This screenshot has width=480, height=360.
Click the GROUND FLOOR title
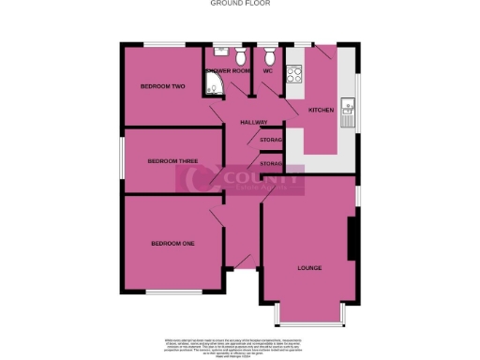click(239, 4)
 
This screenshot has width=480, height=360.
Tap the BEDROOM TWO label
click(162, 86)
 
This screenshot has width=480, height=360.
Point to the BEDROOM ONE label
click(172, 244)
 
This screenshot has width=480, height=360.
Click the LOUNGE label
click(309, 268)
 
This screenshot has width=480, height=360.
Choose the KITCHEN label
click(322, 111)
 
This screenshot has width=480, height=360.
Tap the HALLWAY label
click(254, 123)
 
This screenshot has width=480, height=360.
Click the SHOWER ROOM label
click(228, 71)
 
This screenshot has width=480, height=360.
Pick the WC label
click(267, 71)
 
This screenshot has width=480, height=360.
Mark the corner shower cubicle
click(213, 89)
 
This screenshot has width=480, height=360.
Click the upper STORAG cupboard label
click(271, 140)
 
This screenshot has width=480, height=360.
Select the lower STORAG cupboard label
click(271, 164)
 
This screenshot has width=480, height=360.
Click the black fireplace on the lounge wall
click(352, 239)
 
